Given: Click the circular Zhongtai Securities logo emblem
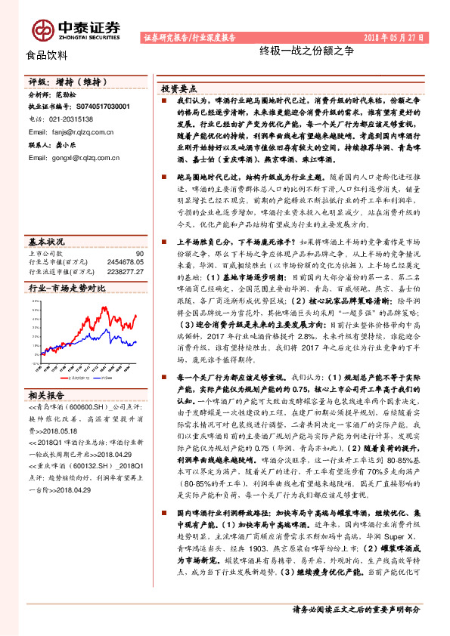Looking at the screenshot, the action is click(43, 29).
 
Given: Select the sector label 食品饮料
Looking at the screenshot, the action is click(47, 55).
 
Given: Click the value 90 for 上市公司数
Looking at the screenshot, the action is click(139, 254).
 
